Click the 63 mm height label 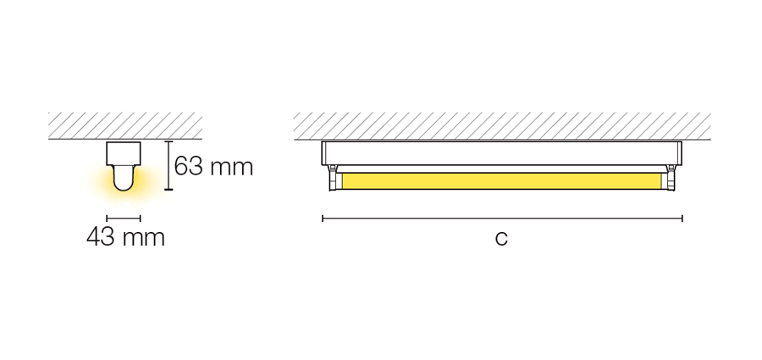pyautogui.click(x=213, y=166)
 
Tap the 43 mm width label pyautogui.click(x=125, y=237)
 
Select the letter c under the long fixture pyautogui.click(x=501, y=238)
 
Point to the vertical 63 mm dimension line pyautogui.click(x=168, y=165)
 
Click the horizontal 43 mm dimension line pyautogui.click(x=124, y=219)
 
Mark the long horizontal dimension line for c pyautogui.click(x=502, y=219)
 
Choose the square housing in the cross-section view pyautogui.click(x=124, y=153)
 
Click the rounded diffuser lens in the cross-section pyautogui.click(x=124, y=178)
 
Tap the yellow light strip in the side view pyautogui.click(x=501, y=181)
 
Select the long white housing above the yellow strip pyautogui.click(x=501, y=153)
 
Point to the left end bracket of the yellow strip pyautogui.click(x=333, y=178)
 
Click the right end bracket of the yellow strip pyautogui.click(x=671, y=178)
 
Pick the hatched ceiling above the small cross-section pyautogui.click(x=125, y=125)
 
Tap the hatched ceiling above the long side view pyautogui.click(x=502, y=126)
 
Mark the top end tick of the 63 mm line pyautogui.click(x=168, y=141)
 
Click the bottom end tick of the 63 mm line pyautogui.click(x=168, y=189)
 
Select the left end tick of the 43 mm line pyautogui.click(x=107, y=219)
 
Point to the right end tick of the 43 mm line pyautogui.click(x=141, y=219)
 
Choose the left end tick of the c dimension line pyautogui.click(x=323, y=219)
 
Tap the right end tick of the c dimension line pyautogui.click(x=682, y=219)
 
